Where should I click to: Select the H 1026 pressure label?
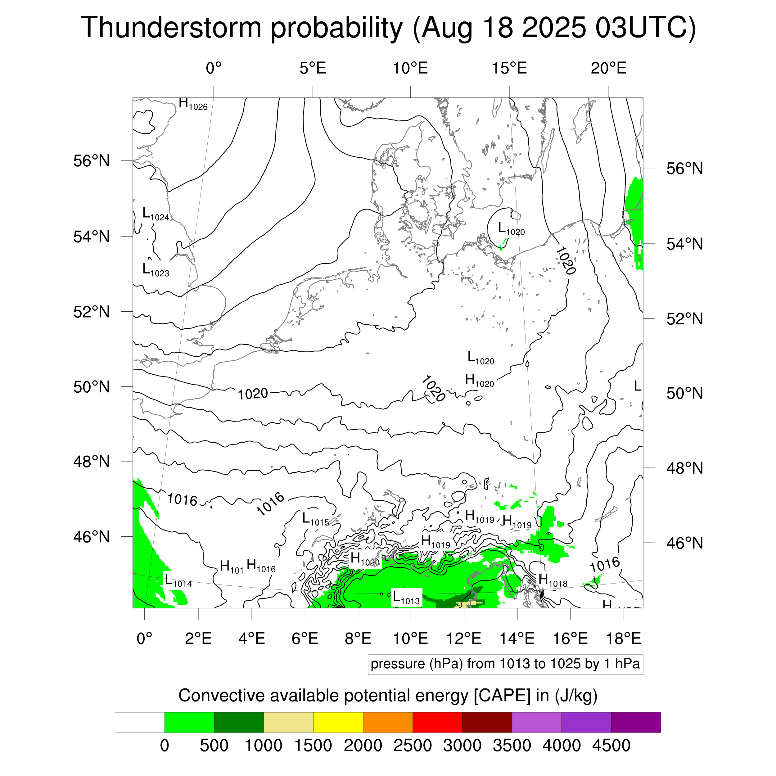(x=193, y=104)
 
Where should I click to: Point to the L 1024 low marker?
(x=156, y=214)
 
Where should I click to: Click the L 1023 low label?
(x=156, y=270)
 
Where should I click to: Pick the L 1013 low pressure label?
(x=406, y=598)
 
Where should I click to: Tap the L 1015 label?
(x=315, y=519)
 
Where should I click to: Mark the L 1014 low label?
(x=178, y=580)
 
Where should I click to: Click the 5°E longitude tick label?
(x=313, y=68)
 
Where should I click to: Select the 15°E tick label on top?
(x=509, y=68)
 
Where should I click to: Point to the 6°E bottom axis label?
(x=305, y=638)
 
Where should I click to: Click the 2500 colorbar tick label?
(x=413, y=746)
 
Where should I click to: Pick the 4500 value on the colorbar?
(x=611, y=746)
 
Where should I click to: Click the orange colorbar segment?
(x=388, y=723)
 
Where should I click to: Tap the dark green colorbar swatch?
(x=239, y=723)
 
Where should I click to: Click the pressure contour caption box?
(x=505, y=664)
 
